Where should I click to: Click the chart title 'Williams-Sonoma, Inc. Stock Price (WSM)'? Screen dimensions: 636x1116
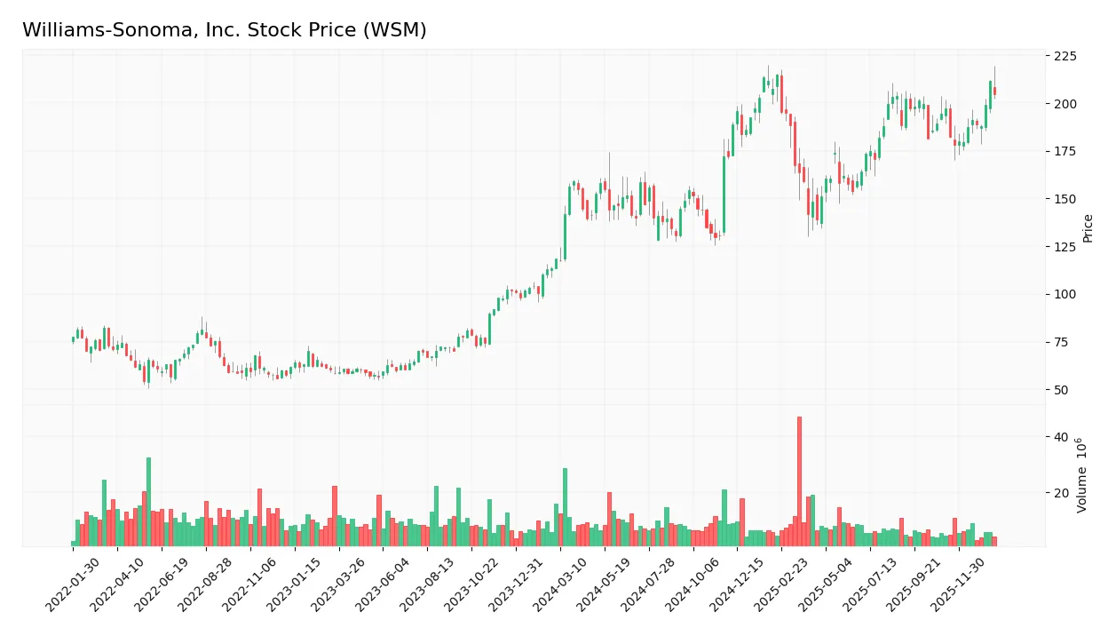(224, 30)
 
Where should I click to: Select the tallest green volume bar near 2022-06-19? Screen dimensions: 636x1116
(148, 502)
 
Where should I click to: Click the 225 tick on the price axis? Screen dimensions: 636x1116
(1065, 56)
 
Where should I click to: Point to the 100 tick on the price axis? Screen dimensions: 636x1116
(1065, 295)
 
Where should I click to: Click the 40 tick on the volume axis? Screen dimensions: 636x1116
(1062, 437)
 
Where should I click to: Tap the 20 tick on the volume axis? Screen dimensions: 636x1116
(1062, 492)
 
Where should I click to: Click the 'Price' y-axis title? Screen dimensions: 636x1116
(1088, 228)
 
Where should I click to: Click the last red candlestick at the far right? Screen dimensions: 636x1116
(994, 91)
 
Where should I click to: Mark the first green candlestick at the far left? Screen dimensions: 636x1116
(74, 338)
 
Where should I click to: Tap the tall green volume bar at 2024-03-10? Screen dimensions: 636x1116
(565, 507)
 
